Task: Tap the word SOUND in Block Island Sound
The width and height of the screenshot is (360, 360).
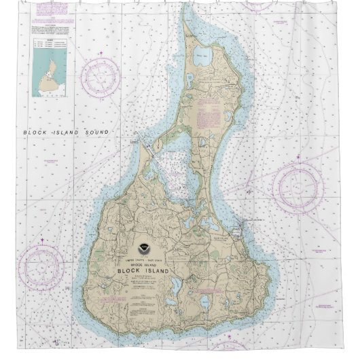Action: [x=97, y=132]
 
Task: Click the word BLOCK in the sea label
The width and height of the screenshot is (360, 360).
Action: [x=33, y=132]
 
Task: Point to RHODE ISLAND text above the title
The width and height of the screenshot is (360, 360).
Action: [x=143, y=264]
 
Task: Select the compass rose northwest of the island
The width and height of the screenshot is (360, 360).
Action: [x=100, y=77]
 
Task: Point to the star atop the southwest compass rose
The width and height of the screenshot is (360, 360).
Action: [x=41, y=240]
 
